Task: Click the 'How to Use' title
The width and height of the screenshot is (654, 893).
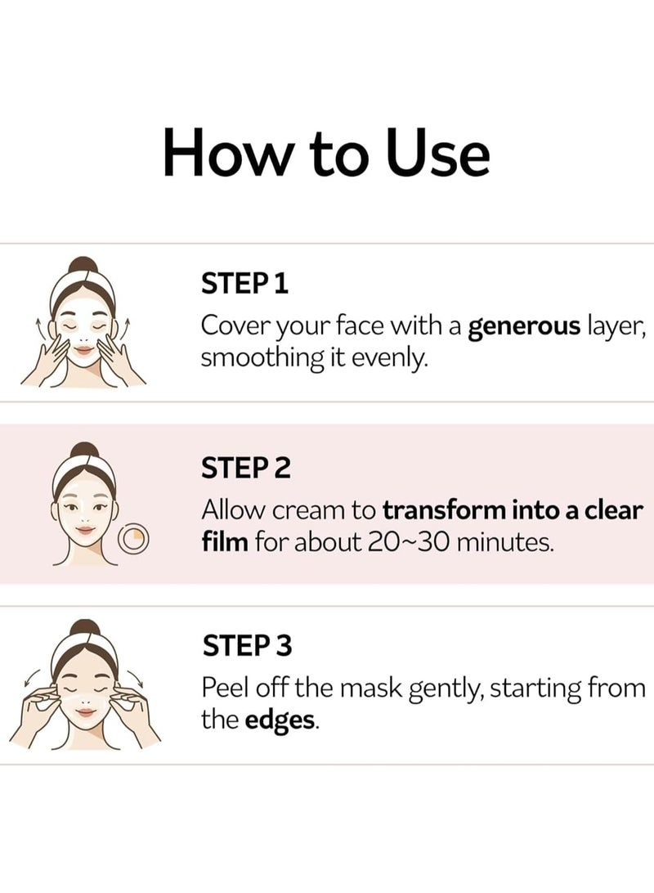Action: tap(326, 153)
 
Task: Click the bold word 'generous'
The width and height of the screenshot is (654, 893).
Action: tap(523, 328)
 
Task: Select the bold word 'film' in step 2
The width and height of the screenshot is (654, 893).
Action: tap(223, 541)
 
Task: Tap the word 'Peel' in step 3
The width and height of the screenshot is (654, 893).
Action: tap(223, 687)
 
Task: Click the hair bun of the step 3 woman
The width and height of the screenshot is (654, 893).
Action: tap(83, 629)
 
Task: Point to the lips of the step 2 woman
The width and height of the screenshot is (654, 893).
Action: tap(84, 530)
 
